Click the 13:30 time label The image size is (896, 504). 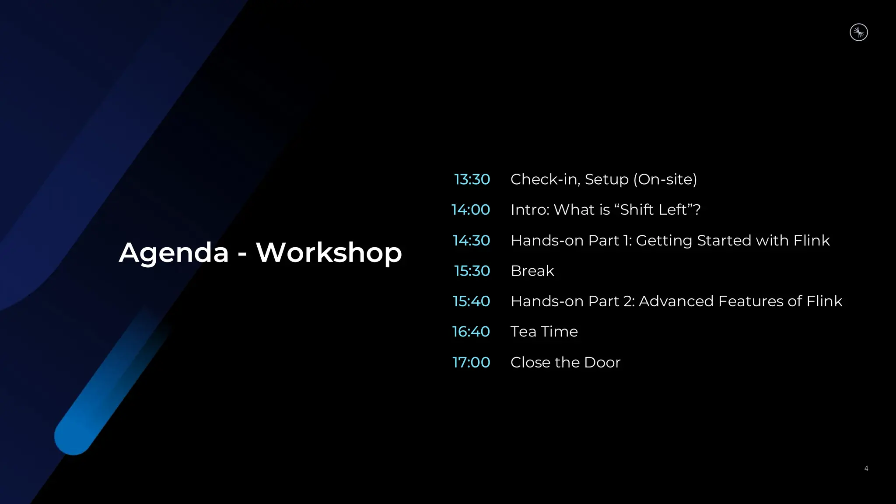click(472, 179)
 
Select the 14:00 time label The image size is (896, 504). click(470, 210)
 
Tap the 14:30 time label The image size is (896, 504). click(471, 240)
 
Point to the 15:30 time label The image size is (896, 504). click(472, 271)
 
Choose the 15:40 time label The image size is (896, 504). click(471, 301)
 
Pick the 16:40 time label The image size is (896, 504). click(470, 332)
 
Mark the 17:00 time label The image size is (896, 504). click(471, 362)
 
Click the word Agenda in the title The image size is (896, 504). click(174, 253)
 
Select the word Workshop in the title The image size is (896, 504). click(329, 253)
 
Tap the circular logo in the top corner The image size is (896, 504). click(858, 32)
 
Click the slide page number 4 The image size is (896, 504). click(866, 469)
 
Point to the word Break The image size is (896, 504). click(532, 271)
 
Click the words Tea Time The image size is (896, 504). click(544, 332)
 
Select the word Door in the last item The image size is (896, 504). click(602, 362)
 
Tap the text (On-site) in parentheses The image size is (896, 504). click(665, 179)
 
